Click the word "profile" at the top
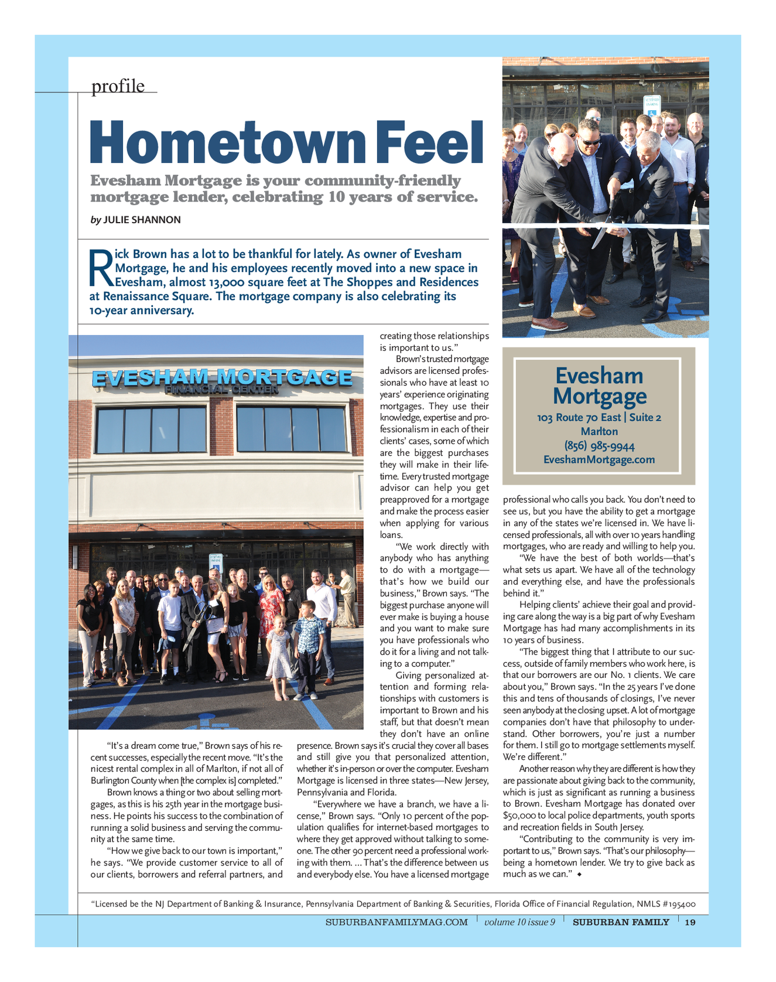pyautogui.click(x=118, y=86)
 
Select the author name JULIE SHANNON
pyautogui.click(x=142, y=220)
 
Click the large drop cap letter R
pyautogui.click(x=100, y=268)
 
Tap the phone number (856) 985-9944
pyautogui.click(x=599, y=446)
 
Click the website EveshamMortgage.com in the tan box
pyautogui.click(x=599, y=460)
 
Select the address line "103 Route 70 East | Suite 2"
pyautogui.click(x=599, y=418)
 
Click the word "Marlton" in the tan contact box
pyautogui.click(x=599, y=432)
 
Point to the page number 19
pyautogui.click(x=690, y=922)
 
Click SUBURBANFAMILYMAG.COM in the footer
pyautogui.click(x=396, y=922)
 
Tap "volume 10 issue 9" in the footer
pyautogui.click(x=519, y=922)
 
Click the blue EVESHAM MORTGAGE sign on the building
pyautogui.click(x=222, y=378)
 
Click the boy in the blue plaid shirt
pyautogui.click(x=308, y=645)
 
